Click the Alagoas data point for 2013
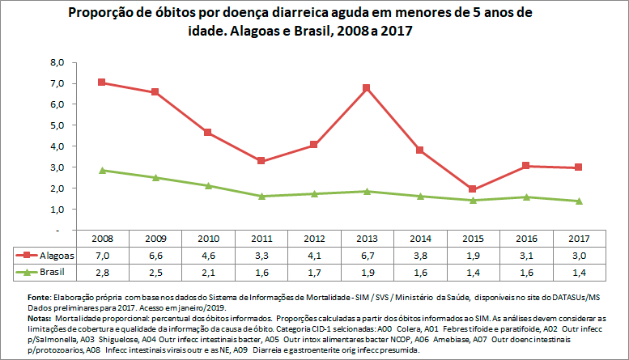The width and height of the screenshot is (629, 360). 367,87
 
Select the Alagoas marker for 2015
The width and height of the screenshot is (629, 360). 474,189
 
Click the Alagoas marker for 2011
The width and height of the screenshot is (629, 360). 261,161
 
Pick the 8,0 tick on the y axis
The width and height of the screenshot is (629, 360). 57,62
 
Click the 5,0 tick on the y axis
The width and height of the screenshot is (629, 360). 57,125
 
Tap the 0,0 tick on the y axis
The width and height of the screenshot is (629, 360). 57,230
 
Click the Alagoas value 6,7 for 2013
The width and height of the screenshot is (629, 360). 367,255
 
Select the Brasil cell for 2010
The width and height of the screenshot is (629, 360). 207,270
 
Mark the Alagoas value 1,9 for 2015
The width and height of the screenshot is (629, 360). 474,255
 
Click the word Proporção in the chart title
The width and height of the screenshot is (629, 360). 101,14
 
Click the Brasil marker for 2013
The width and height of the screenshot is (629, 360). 367,191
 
